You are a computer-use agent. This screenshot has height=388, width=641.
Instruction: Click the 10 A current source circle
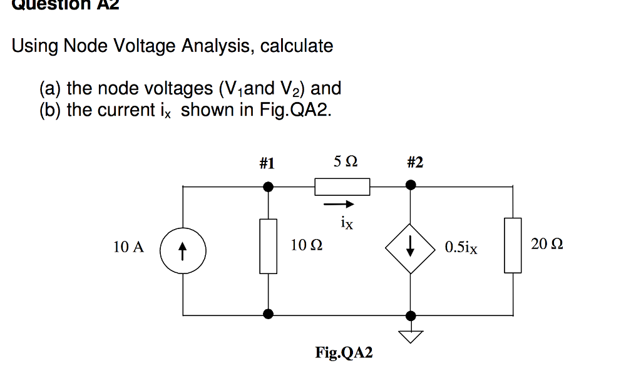pos(182,251)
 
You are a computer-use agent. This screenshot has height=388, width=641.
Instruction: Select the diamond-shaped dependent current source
pos(410,248)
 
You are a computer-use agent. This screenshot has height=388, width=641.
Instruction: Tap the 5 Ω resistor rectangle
pos(342,186)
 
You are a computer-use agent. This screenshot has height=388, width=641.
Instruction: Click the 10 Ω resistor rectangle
pos(269,246)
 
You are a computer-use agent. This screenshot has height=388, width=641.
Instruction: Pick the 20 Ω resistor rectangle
pos(513,245)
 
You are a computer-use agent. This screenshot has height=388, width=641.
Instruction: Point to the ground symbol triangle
pos(410,337)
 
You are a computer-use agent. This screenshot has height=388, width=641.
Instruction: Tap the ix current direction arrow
pos(339,205)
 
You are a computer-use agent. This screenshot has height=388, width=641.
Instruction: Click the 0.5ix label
pos(461,248)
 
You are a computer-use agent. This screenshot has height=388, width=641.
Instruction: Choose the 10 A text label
pos(128,247)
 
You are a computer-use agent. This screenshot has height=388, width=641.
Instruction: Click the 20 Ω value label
pos(546,244)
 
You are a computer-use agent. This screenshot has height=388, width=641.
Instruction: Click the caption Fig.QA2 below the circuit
pos(344,353)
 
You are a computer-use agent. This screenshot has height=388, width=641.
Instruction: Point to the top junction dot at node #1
pos(269,186)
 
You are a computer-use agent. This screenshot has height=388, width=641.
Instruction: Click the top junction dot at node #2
pos(410,185)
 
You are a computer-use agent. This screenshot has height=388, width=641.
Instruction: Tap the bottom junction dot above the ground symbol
pos(410,315)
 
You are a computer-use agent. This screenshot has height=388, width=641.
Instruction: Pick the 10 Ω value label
pos(307,246)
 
